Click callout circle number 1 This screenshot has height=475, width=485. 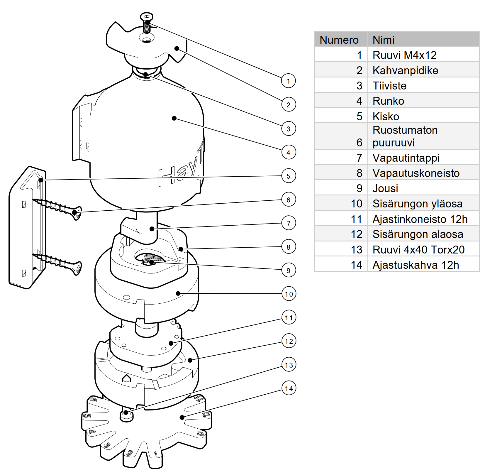point(288,81)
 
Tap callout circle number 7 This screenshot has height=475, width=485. point(289,223)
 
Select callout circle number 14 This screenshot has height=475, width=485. point(289,388)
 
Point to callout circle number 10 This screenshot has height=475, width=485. point(289,294)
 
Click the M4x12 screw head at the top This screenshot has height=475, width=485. point(147,16)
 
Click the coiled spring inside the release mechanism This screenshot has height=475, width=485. point(152,259)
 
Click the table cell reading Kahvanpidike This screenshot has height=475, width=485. point(405,70)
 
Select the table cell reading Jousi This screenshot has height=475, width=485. point(385,188)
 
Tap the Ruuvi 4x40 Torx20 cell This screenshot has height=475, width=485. point(418,250)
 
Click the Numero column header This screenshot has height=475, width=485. point(339,40)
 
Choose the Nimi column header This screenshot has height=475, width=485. point(384,40)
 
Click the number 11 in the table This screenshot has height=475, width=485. point(357,219)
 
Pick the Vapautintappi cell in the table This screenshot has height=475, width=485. point(406,158)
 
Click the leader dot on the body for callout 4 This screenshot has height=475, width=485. point(174,118)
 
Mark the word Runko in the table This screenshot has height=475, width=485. point(388,101)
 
